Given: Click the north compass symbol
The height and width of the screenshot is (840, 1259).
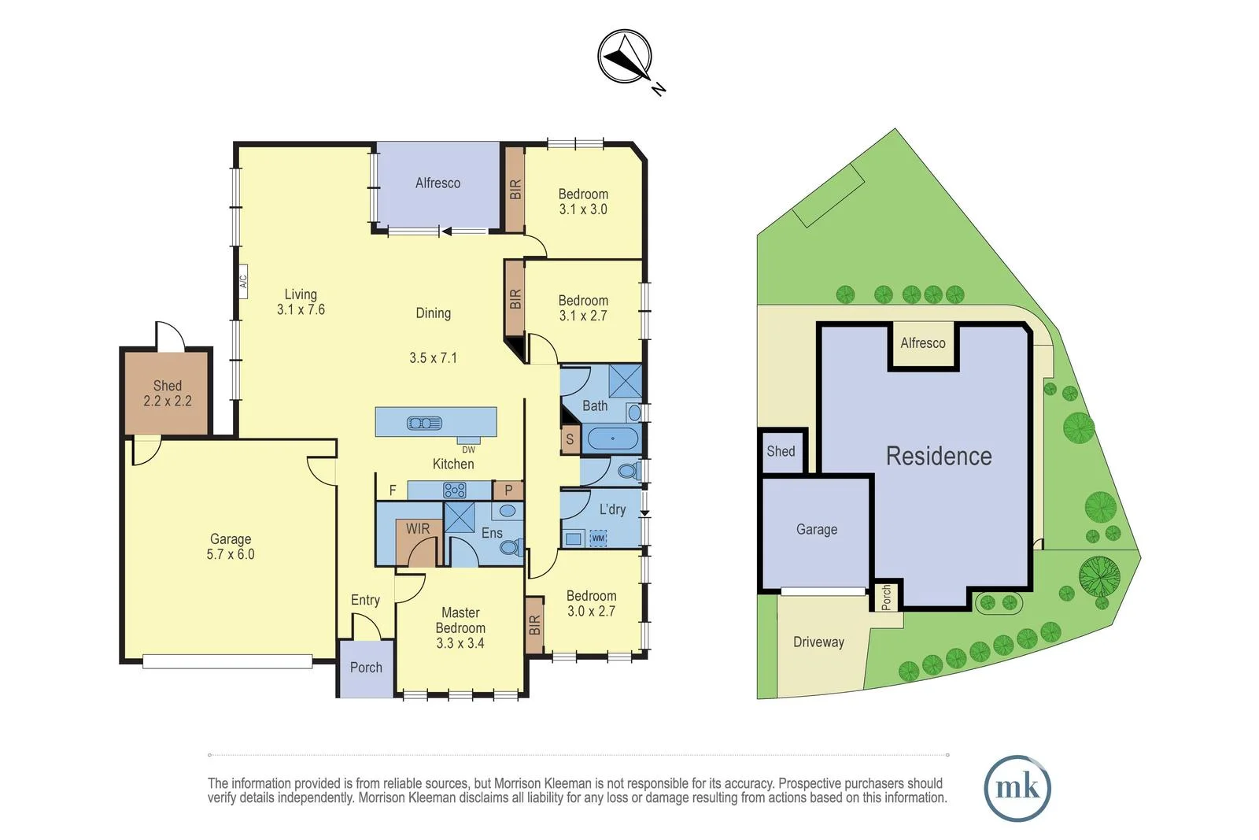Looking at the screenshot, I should coord(625,57).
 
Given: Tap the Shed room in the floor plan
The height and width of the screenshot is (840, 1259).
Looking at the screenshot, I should coord(167,393).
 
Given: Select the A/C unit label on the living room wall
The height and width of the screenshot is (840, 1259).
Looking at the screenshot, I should coord(243,279).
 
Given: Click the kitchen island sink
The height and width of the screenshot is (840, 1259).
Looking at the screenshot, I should coord(424,423).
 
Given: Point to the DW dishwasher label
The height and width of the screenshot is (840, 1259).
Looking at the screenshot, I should coord(468,450).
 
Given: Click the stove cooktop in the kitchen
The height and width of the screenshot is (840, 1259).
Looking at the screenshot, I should coord(454,490).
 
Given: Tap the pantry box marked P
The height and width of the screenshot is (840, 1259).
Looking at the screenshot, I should coord(508,490).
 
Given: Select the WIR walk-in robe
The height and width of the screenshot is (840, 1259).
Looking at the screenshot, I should coord(418,529).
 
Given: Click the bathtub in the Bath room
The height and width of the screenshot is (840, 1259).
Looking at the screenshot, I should coord(612,439).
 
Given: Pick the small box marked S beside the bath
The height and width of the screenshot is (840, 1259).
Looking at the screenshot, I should coord(570,439).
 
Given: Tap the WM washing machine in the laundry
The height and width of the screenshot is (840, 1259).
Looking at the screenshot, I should coord(598,538).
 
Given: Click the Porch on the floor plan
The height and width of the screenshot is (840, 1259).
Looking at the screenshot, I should coord(366,668).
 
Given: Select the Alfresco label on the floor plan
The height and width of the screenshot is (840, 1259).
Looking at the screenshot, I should coord(438,183).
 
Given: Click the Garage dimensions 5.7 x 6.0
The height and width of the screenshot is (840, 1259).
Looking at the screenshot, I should coord(231,554).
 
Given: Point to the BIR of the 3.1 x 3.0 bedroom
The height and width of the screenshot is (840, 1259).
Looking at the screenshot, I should coord(515,190).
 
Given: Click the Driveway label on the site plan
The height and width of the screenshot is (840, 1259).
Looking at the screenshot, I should coord(818,642).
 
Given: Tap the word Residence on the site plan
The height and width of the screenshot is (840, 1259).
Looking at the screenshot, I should coord(939,456).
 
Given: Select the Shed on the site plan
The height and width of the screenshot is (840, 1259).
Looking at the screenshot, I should coord(781,451).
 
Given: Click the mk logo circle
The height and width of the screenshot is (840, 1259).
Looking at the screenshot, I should coord(1017,788).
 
